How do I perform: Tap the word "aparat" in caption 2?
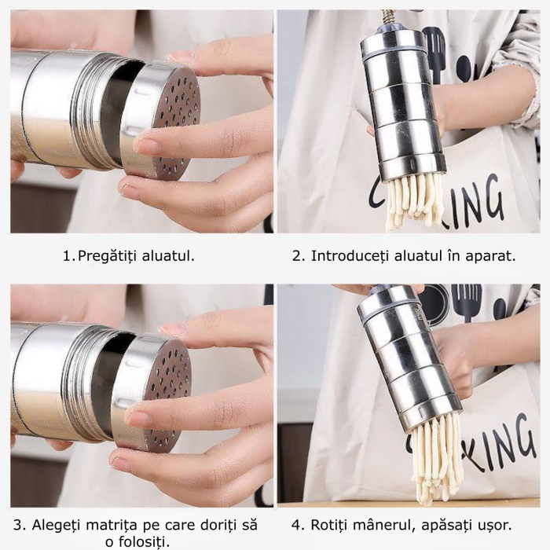click(x=489, y=256)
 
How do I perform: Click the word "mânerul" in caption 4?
click(x=390, y=524)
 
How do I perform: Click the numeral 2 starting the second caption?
click(x=296, y=256)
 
